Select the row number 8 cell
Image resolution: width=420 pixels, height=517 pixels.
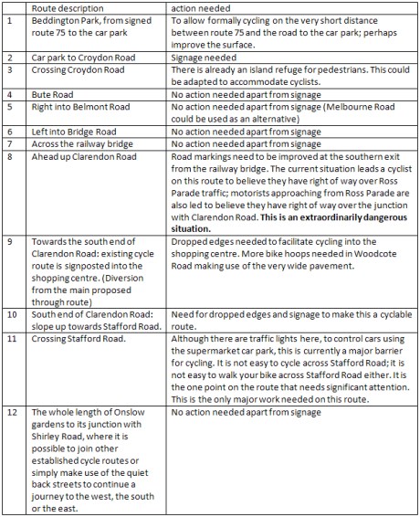tap(10, 156)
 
